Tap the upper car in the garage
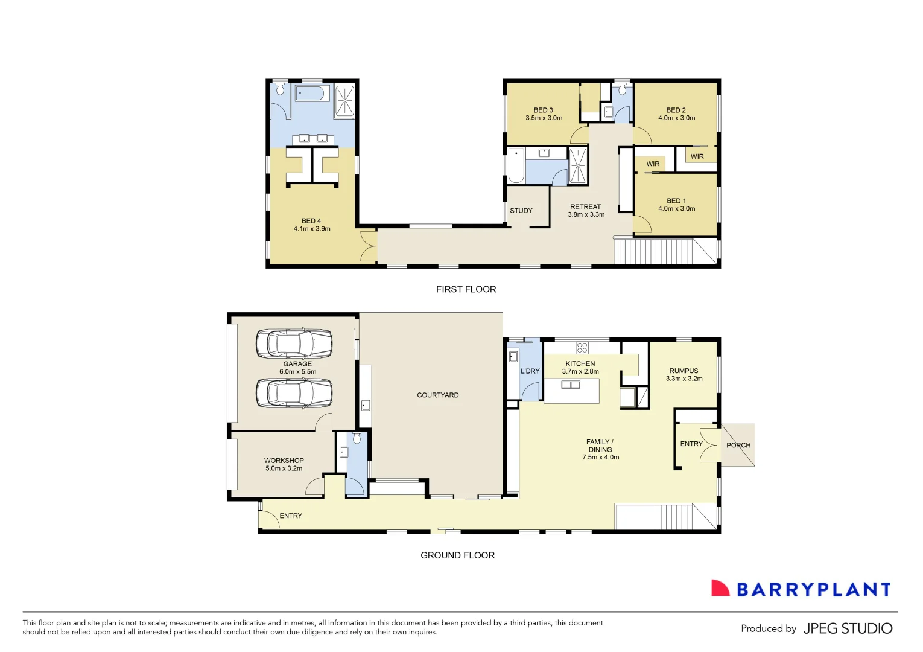click(x=294, y=344)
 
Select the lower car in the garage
click(x=294, y=394)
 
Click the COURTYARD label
click(x=437, y=395)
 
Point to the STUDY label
click(x=521, y=211)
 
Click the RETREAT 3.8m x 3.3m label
click(x=586, y=211)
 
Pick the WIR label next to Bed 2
click(x=697, y=156)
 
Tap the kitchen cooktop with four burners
click(x=582, y=347)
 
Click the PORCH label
click(x=738, y=446)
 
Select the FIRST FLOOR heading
click(x=466, y=289)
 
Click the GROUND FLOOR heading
click(x=457, y=555)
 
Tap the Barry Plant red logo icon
click(x=720, y=589)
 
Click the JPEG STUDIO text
click(x=847, y=629)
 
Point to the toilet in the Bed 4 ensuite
click(x=280, y=90)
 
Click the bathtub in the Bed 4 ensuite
click(x=312, y=93)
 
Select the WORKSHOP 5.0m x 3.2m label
click(x=284, y=464)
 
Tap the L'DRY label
click(x=530, y=371)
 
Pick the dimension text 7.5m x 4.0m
click(x=600, y=458)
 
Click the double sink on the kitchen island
click(x=570, y=385)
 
